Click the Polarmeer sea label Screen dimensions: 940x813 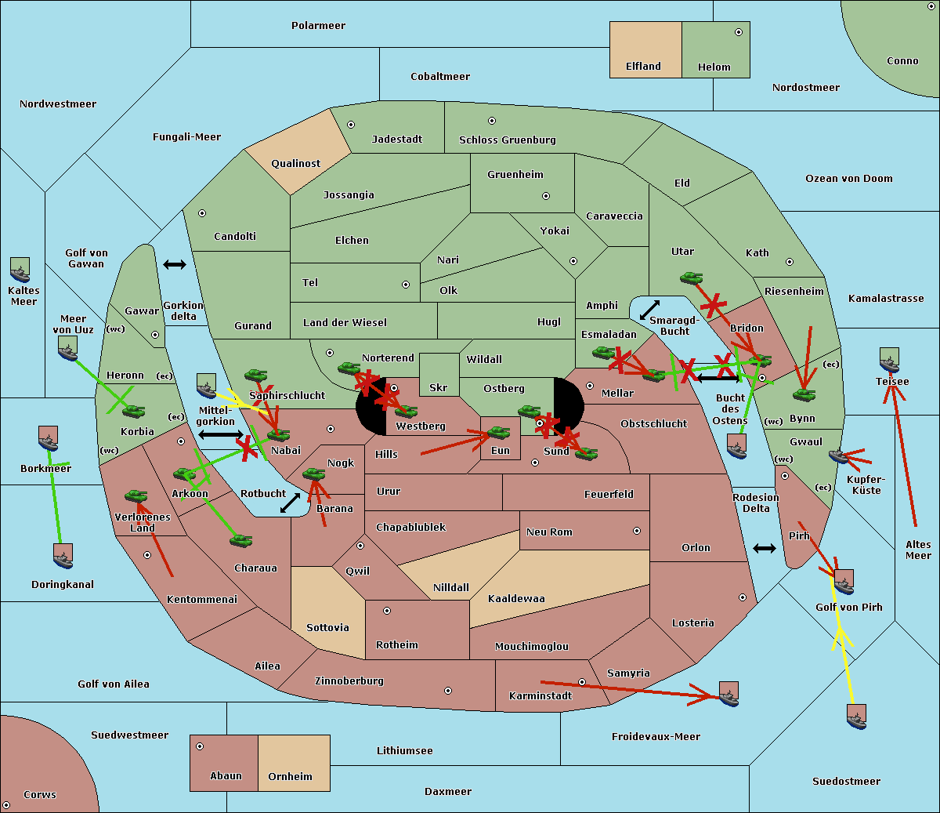click(x=318, y=26)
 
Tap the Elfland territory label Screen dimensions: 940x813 click(x=643, y=67)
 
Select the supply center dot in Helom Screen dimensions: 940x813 click(x=739, y=32)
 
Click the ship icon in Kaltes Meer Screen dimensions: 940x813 click(x=20, y=270)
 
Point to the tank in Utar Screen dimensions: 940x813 click(x=691, y=278)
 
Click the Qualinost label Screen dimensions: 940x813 click(x=295, y=163)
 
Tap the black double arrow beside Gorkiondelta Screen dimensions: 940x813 click(x=175, y=264)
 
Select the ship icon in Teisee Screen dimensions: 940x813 click(x=889, y=360)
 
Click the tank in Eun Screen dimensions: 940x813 click(x=498, y=432)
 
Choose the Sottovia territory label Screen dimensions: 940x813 click(x=327, y=628)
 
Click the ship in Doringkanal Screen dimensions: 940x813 click(x=63, y=556)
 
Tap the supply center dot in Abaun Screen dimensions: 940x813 click(x=200, y=746)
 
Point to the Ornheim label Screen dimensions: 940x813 click(x=290, y=776)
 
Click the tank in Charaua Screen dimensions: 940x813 click(x=240, y=540)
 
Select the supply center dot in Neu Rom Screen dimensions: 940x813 click(x=637, y=531)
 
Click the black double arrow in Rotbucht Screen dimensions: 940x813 click(x=290, y=503)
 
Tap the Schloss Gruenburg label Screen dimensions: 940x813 click(x=508, y=140)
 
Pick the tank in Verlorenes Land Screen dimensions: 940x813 click(x=136, y=495)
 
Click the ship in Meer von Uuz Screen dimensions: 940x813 click(x=68, y=348)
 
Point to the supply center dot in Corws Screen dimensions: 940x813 click(x=6, y=805)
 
